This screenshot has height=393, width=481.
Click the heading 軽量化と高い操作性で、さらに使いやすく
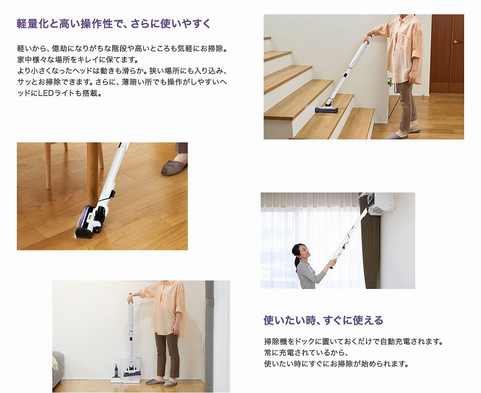(x=114, y=24)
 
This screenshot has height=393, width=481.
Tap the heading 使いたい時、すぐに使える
(x=323, y=321)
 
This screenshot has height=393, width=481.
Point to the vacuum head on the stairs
(x=326, y=109)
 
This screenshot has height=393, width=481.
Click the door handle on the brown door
(x=455, y=42)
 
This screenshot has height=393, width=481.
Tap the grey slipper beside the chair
(x=174, y=167)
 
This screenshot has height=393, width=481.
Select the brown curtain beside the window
(x=371, y=249)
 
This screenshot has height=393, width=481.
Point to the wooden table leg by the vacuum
(x=93, y=174)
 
